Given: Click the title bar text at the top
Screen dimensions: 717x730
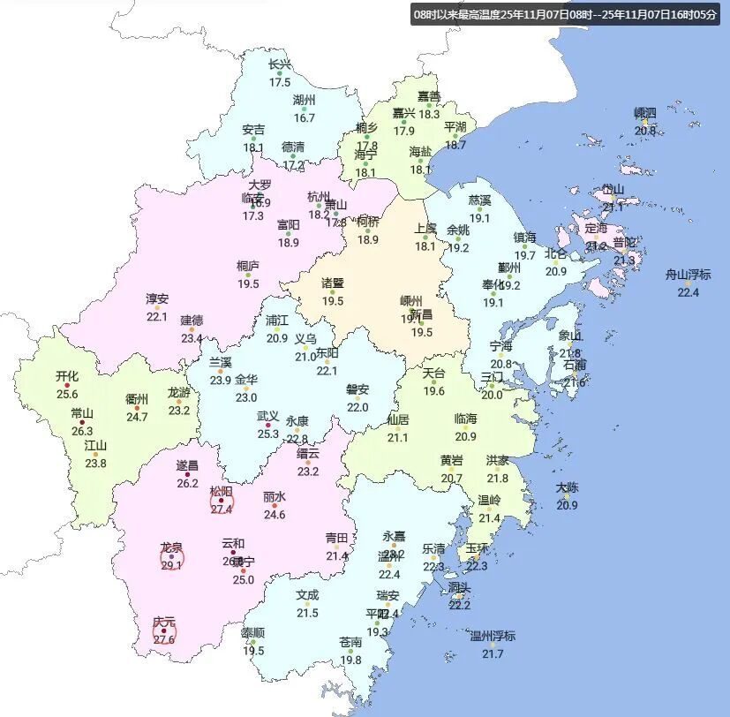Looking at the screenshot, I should pyautogui.click(x=566, y=14).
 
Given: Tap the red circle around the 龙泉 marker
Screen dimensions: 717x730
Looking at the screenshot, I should pyautogui.click(x=171, y=558).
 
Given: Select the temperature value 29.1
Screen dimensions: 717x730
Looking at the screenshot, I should pyautogui.click(x=171, y=566).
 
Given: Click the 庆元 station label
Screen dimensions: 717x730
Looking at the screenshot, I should pyautogui.click(x=164, y=622).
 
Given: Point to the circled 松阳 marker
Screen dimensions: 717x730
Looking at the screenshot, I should pyautogui.click(x=221, y=502).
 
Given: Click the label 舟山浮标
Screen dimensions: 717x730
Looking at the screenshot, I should pyautogui.click(x=688, y=275).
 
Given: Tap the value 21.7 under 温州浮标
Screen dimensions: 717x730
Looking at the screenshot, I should pyautogui.click(x=492, y=653).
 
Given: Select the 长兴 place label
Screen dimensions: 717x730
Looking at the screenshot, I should pyautogui.click(x=280, y=64).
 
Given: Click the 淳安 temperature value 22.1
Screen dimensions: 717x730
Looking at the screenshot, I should pyautogui.click(x=157, y=316).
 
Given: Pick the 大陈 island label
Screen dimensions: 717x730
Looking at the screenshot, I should pyautogui.click(x=568, y=487).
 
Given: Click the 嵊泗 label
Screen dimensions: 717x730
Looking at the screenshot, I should pyautogui.click(x=645, y=113).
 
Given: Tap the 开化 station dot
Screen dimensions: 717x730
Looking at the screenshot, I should pyautogui.click(x=67, y=385).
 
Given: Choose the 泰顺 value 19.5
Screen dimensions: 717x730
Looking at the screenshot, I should pyautogui.click(x=254, y=651).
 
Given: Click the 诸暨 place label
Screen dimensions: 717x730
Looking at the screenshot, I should pyautogui.click(x=333, y=283).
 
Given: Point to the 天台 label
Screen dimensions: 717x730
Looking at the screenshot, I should pyautogui.click(x=433, y=373).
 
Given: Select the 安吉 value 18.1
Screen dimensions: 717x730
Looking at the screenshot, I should pyautogui.click(x=253, y=147).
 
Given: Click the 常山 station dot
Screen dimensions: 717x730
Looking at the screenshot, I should pyautogui.click(x=82, y=422).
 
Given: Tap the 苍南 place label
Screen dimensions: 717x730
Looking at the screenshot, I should pyautogui.click(x=350, y=642).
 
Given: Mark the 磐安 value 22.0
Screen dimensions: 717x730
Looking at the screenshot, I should pyautogui.click(x=357, y=407).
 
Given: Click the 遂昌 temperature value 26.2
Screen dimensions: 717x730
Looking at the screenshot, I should pyautogui.click(x=187, y=483).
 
